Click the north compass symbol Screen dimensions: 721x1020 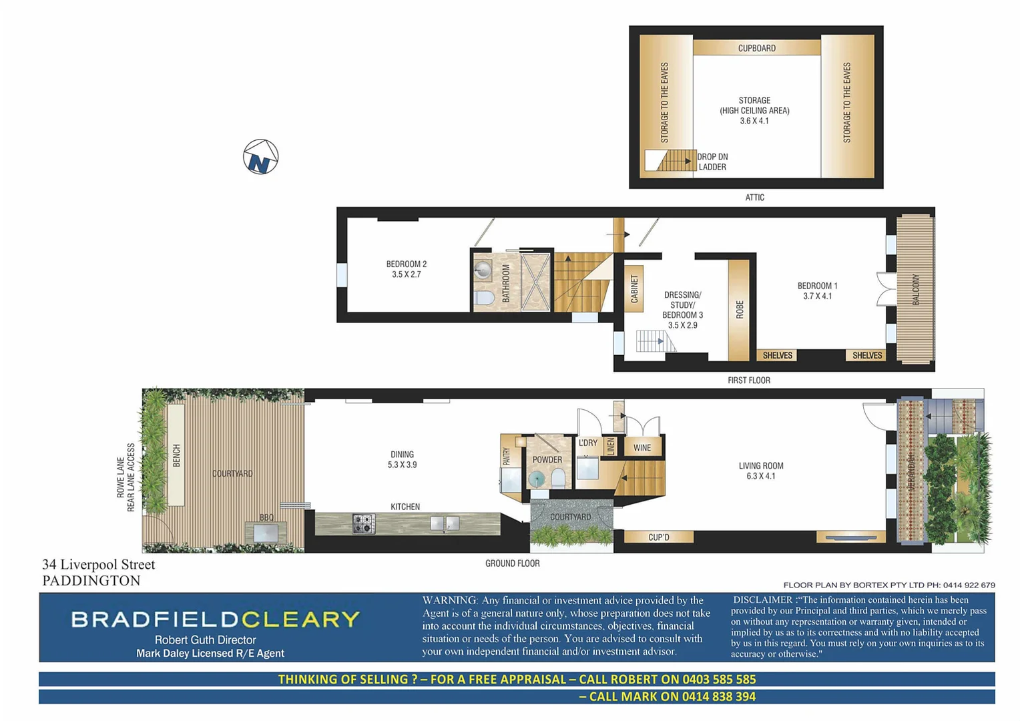tap(260, 157)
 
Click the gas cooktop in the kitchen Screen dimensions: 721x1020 tap(364, 523)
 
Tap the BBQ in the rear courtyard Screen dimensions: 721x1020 tap(266, 532)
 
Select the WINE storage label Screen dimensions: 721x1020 tap(642, 448)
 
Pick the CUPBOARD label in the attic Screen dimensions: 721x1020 tap(756, 48)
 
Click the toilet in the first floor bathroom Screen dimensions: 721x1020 tap(483, 297)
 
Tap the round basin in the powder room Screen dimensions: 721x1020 tap(537, 478)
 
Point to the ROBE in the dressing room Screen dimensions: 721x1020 tap(739, 310)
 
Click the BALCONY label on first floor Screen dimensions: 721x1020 tap(915, 289)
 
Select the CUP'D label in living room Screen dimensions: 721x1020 tap(658, 537)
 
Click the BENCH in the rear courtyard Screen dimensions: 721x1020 tap(176, 455)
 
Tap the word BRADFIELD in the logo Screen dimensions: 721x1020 tap(155, 620)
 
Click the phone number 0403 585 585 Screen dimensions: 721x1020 tap(719, 680)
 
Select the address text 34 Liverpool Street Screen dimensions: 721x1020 tap(99, 565)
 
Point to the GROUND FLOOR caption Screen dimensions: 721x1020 tap(512, 563)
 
